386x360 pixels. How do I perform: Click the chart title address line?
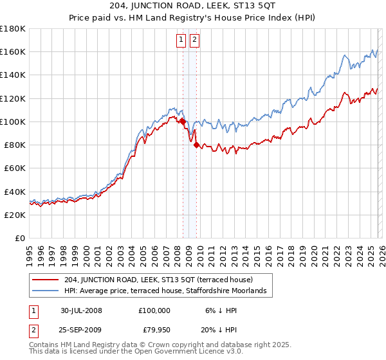coord(192,7)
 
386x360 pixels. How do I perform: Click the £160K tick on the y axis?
coord(13,51)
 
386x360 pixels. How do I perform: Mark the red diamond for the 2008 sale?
coord(183,122)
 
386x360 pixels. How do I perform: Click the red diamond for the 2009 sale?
coord(196,145)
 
